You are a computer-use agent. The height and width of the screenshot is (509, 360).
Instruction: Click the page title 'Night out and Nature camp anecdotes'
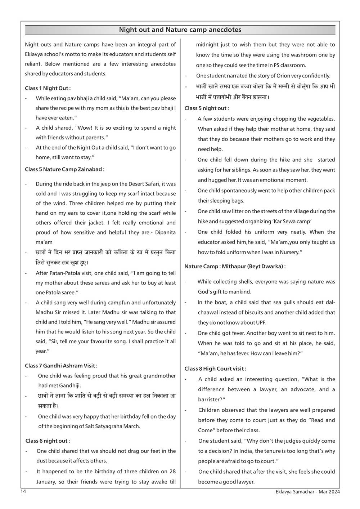[180, 30]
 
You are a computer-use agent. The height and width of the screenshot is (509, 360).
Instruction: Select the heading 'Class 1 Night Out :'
[48, 88]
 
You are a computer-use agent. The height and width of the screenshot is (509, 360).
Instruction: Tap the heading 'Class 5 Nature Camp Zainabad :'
[64, 169]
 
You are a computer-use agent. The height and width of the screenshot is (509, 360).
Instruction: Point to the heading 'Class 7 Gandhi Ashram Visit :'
[61, 366]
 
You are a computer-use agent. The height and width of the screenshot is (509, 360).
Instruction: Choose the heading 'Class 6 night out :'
[48, 441]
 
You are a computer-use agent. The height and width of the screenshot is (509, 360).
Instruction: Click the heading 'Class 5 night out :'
[207, 108]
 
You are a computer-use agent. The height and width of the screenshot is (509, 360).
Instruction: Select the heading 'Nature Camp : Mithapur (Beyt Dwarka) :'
[235, 267]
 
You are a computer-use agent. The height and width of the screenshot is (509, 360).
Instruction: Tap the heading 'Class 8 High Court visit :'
[215, 369]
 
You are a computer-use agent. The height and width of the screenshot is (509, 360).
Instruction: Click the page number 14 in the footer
[23, 492]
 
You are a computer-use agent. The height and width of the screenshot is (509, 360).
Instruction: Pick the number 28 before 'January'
[172, 472]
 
